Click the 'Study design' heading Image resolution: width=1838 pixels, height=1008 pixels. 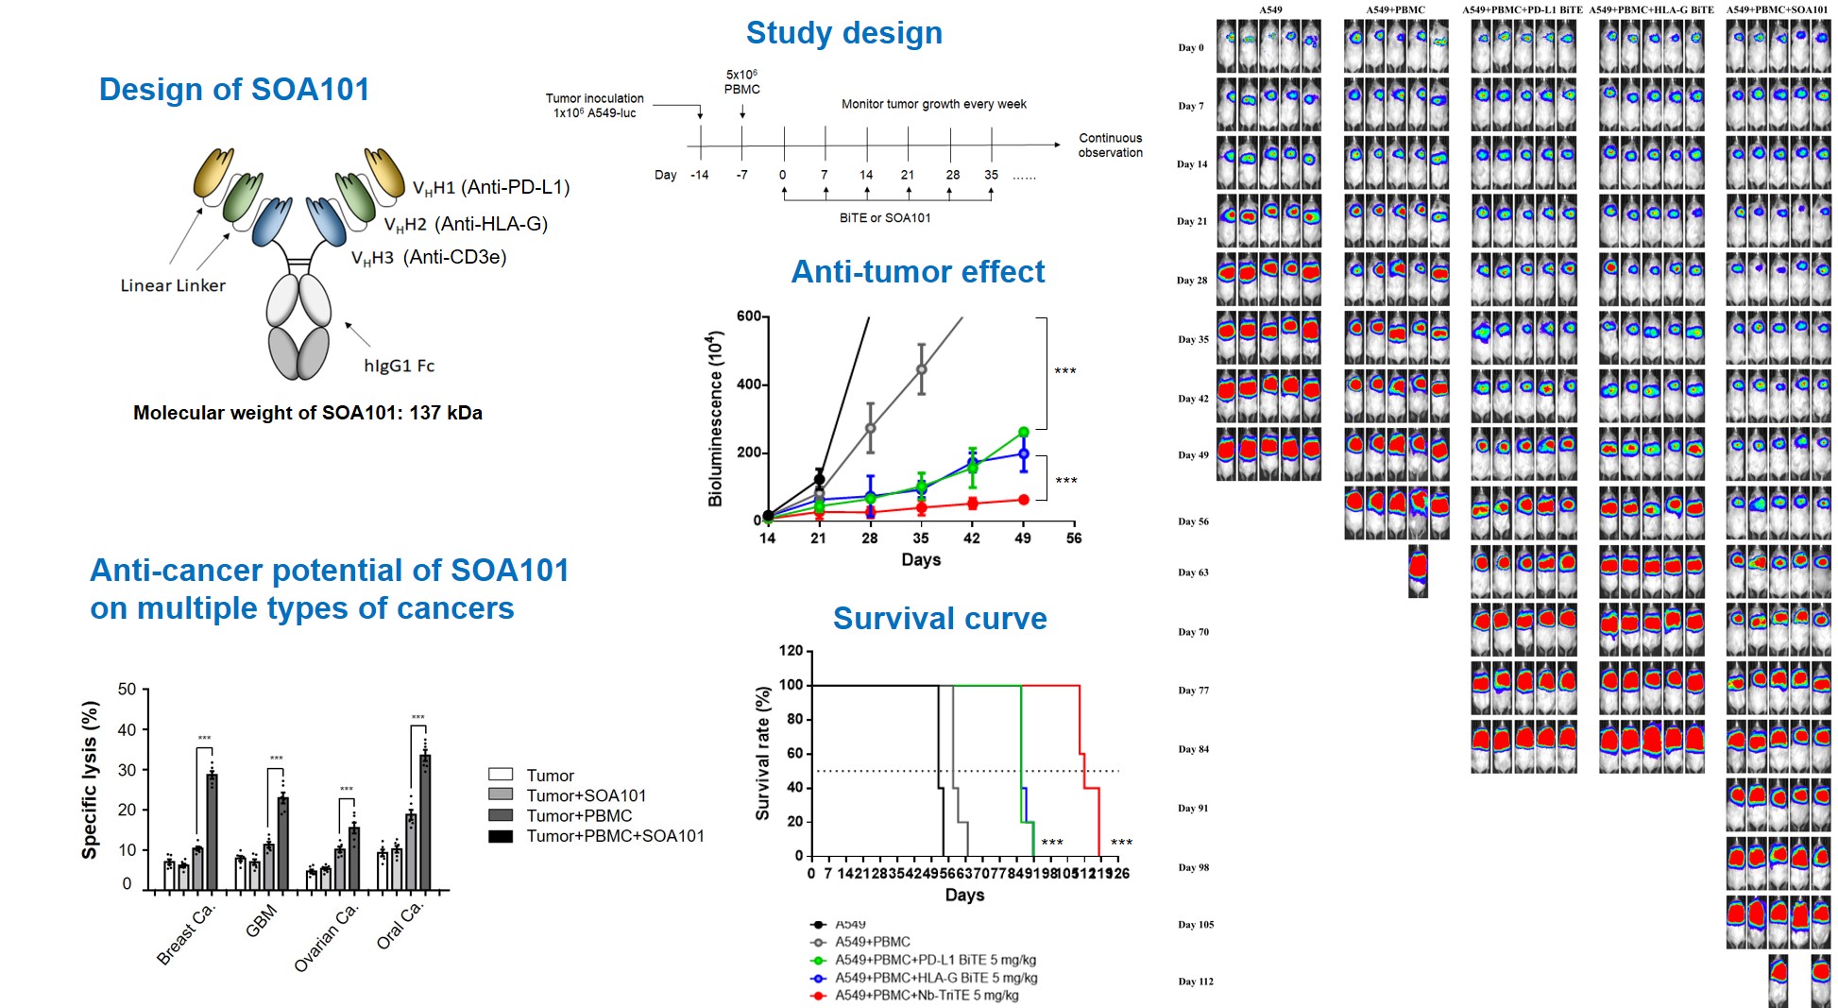(x=843, y=33)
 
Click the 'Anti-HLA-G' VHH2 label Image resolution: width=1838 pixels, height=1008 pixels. (x=466, y=224)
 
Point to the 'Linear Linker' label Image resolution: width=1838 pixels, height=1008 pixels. (x=173, y=285)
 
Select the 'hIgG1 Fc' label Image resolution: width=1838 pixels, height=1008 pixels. (x=399, y=366)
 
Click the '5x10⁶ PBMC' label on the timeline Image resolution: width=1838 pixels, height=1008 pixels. (x=741, y=82)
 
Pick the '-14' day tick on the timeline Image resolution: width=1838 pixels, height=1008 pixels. (x=699, y=175)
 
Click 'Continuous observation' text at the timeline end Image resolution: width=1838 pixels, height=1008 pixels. (x=1110, y=145)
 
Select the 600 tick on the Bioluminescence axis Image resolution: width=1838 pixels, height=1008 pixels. (x=748, y=316)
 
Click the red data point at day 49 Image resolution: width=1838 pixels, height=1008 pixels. (x=1023, y=500)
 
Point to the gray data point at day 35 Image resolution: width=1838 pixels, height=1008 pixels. (x=921, y=369)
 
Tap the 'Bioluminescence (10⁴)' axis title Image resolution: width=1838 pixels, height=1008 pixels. (x=716, y=419)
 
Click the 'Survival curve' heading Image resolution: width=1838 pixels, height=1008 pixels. (x=939, y=619)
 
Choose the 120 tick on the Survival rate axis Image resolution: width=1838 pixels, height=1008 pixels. (x=791, y=651)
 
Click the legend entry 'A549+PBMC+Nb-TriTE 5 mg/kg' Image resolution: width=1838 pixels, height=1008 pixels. (x=926, y=995)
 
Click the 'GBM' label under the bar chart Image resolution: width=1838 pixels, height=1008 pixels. (x=262, y=920)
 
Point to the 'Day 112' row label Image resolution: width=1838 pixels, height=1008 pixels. (x=1195, y=982)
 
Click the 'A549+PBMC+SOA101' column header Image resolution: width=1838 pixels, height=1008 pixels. (x=1776, y=9)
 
